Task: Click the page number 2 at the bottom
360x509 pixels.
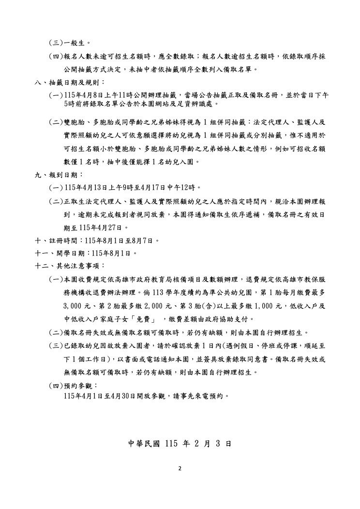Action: pos(180,468)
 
